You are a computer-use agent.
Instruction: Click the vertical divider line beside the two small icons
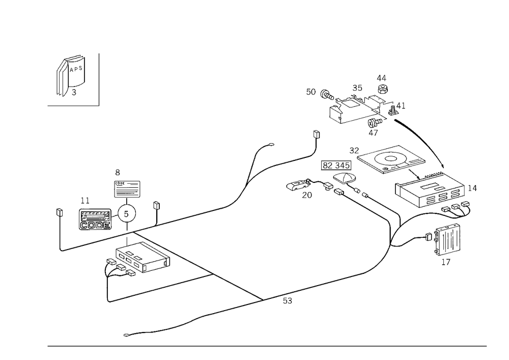[100, 79]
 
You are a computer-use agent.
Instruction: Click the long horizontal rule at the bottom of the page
[267, 346]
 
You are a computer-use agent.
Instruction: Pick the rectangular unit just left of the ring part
[94, 219]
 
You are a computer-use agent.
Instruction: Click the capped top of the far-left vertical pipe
[61, 209]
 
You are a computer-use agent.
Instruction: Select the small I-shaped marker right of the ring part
[157, 206]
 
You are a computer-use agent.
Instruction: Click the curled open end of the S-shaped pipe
[272, 146]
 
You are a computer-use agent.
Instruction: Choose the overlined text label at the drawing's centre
[335, 165]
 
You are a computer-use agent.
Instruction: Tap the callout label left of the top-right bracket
[311, 92]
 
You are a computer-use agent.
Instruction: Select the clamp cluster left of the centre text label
[299, 186]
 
